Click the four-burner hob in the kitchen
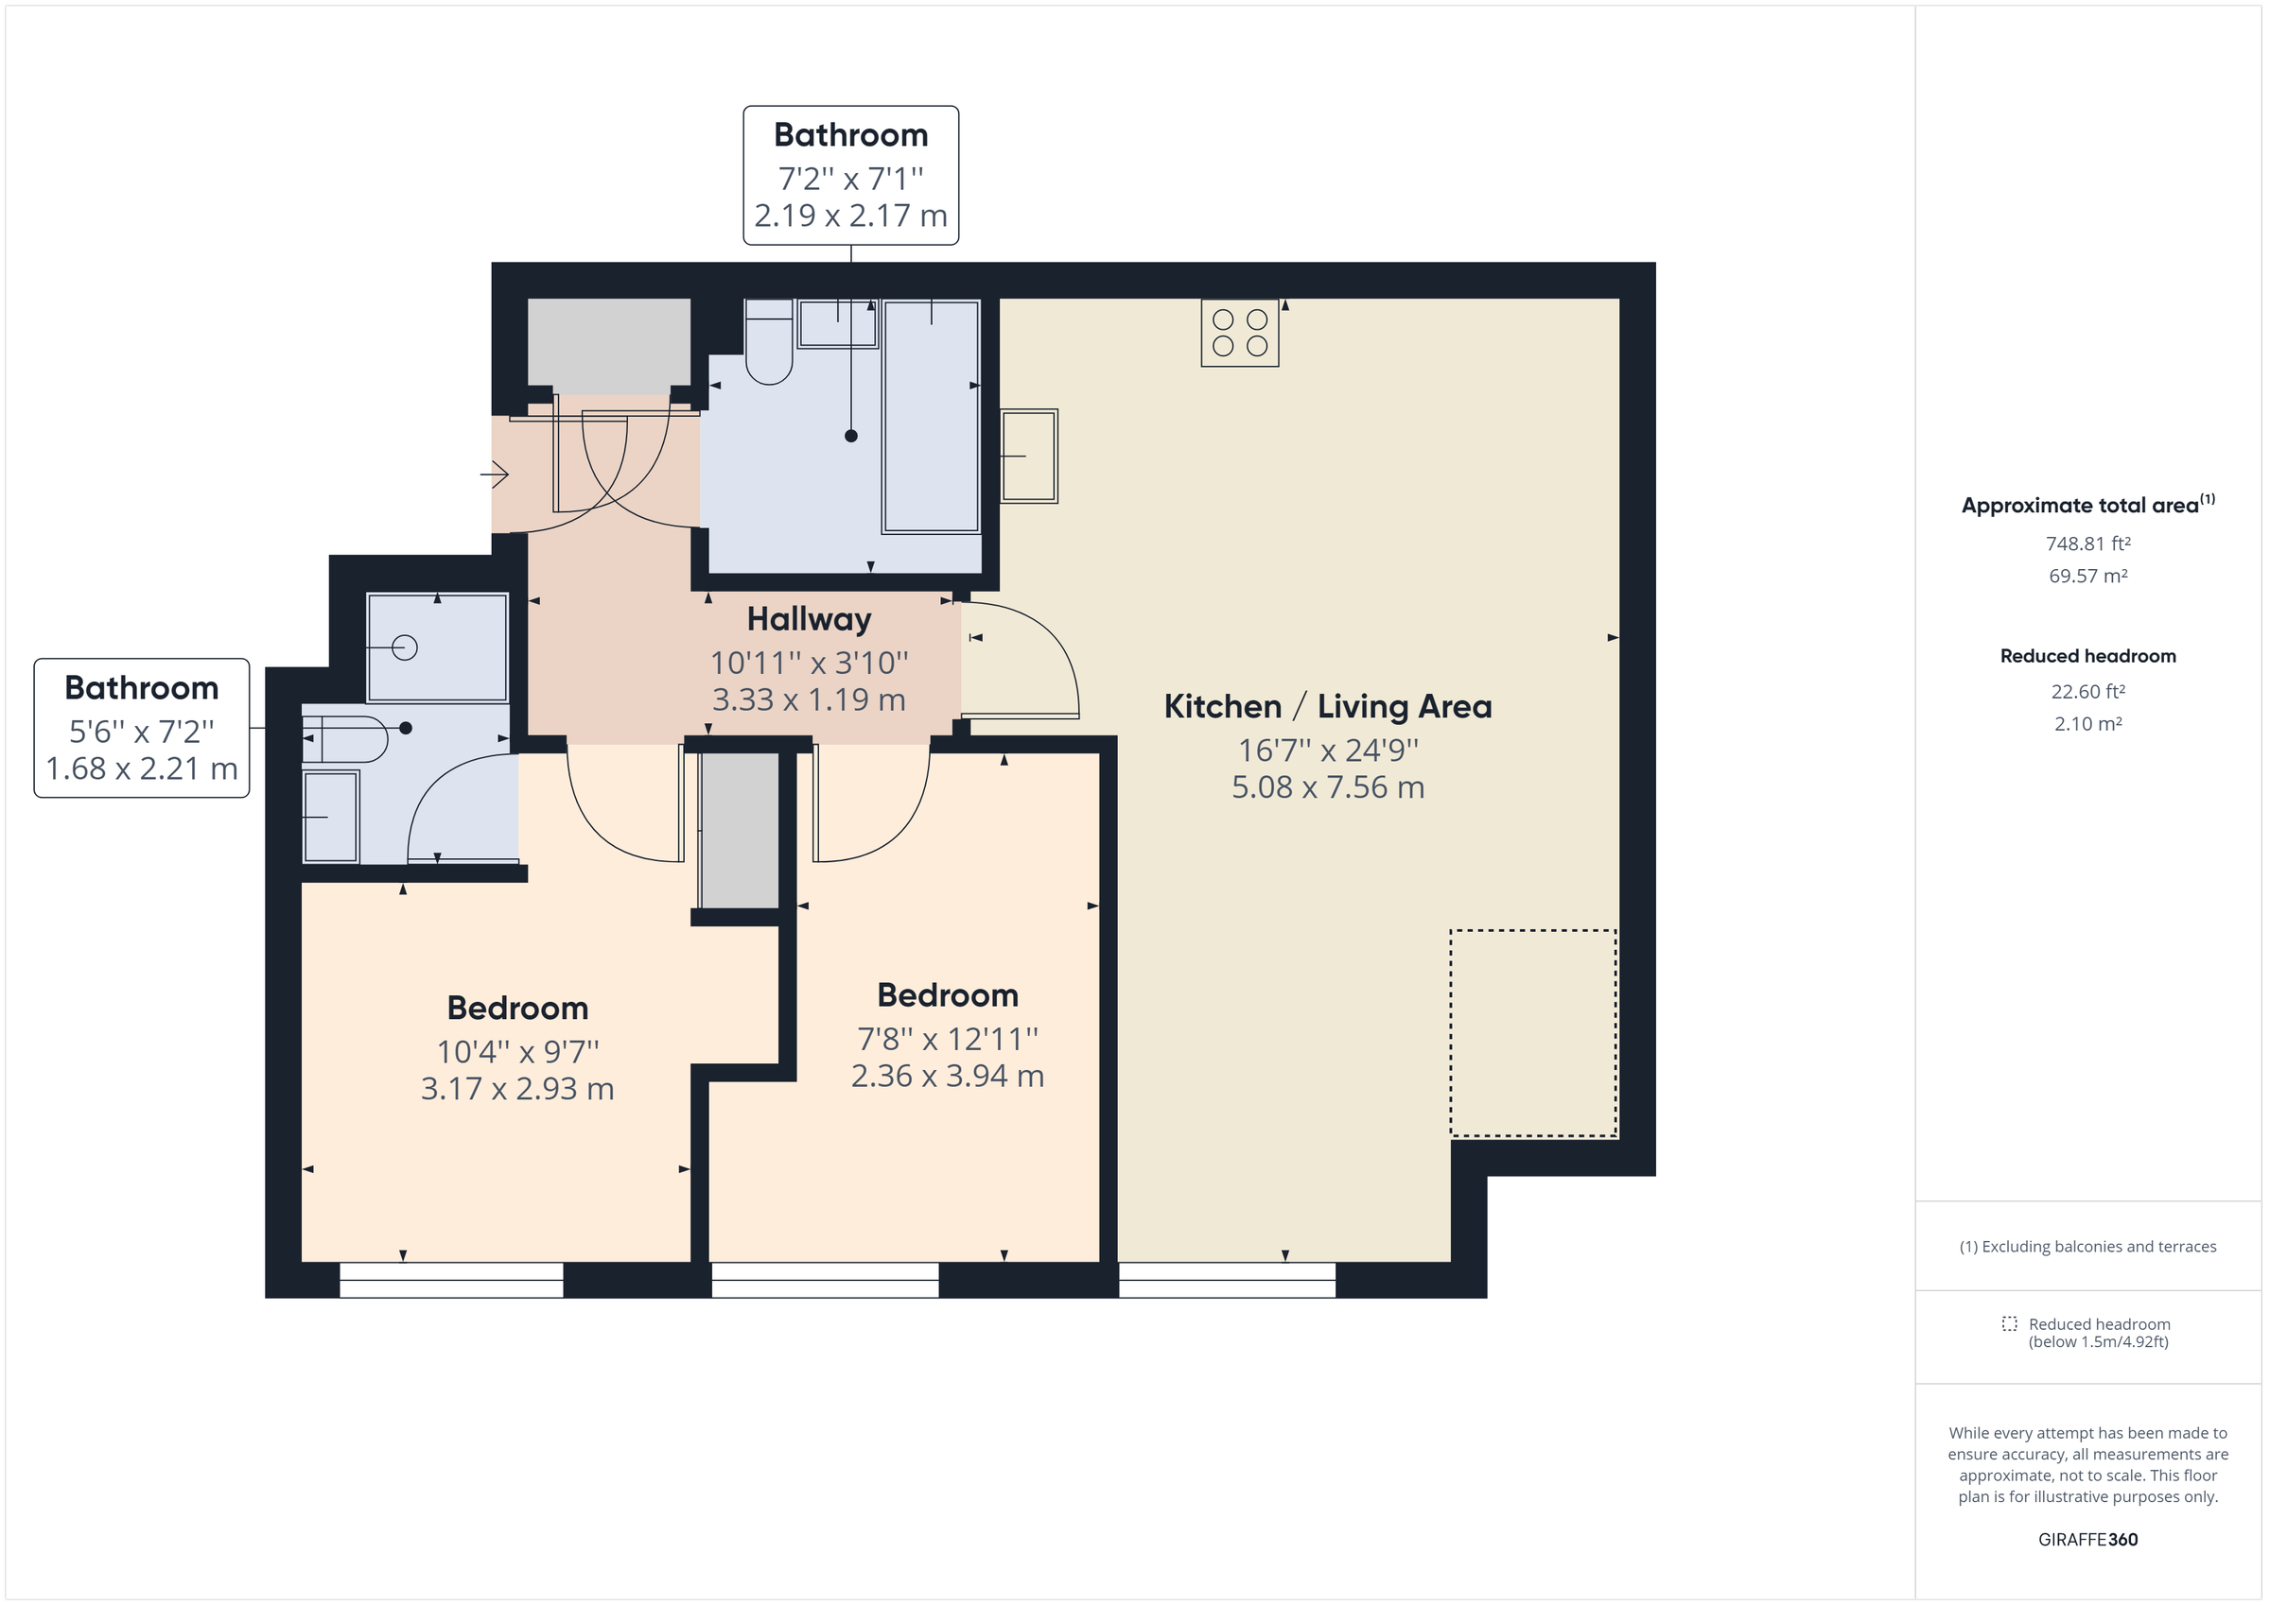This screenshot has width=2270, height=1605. [1240, 333]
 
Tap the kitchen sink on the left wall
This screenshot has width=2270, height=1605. [1029, 456]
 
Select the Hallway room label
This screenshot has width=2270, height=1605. [809, 620]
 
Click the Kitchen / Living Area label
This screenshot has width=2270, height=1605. [1327, 707]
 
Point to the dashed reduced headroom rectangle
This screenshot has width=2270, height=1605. [1532, 1033]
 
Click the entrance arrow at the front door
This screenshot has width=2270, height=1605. [496, 475]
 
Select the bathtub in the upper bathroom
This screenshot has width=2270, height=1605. [931, 416]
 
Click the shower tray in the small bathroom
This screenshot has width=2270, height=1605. [437, 647]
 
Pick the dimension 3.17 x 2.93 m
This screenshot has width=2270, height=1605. [517, 1089]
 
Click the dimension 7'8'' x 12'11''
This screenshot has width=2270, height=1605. [947, 1039]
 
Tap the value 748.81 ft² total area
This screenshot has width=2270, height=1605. [2087, 544]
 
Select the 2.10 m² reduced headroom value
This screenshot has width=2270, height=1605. [2087, 723]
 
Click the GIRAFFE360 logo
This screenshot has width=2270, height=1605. [2087, 1539]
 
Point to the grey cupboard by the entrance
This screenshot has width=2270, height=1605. [609, 346]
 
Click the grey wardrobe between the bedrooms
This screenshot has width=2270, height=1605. [740, 830]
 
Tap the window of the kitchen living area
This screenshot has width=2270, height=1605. [1227, 1280]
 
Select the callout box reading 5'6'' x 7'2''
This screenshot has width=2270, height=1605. [141, 729]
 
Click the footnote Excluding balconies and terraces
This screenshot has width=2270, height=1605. [2087, 1246]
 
